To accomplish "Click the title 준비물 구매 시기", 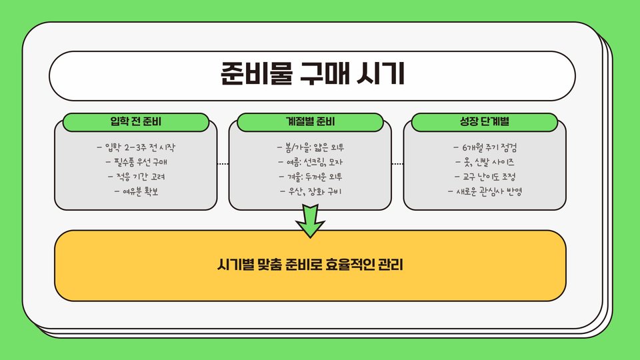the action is tap(312, 74).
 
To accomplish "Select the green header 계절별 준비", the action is tap(310, 122).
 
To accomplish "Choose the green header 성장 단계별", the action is tap(485, 122).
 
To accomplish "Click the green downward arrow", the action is tap(310, 220).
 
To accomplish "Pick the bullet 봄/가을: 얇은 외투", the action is tap(310, 147).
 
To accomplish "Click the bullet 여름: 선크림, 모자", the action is tap(310, 162).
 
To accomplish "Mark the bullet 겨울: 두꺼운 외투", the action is tap(310, 177).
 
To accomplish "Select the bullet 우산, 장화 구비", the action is tap(310, 193).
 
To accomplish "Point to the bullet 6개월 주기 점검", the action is tap(485, 147).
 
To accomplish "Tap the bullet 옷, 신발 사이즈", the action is tap(485, 162).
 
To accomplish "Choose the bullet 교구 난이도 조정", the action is tap(485, 177).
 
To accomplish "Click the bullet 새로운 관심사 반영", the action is tap(485, 193).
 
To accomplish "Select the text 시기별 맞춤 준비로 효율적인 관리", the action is tap(310, 266).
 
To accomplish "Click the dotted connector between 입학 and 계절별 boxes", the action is tap(223, 163).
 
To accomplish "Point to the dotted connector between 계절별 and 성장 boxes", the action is tap(397, 163).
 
